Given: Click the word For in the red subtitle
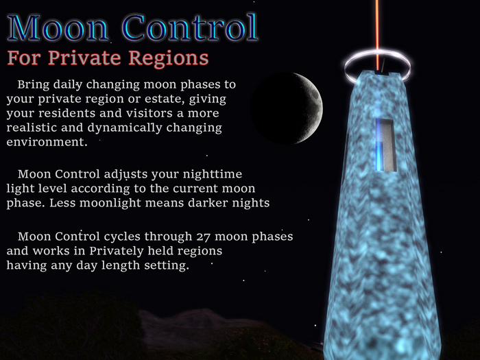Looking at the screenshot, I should click(x=21, y=57).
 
